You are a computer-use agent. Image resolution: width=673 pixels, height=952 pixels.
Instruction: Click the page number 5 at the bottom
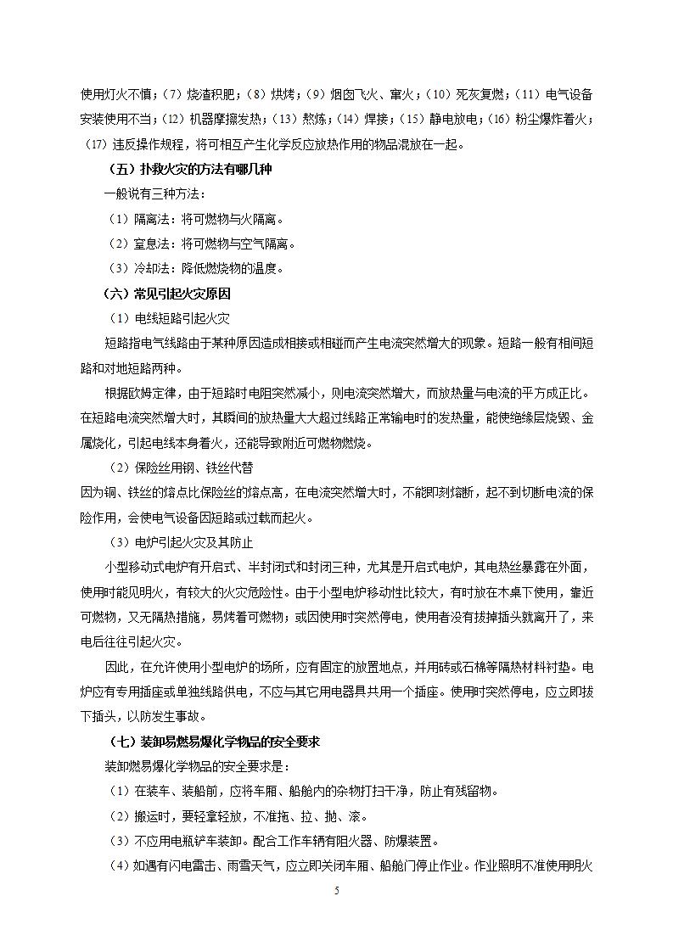(337, 890)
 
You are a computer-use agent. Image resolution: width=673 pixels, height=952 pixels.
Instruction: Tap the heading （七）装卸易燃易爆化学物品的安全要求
(215, 741)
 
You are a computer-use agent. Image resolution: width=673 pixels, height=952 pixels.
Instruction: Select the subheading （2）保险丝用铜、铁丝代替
(181, 468)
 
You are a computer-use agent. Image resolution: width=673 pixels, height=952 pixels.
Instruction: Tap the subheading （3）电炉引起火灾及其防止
(181, 542)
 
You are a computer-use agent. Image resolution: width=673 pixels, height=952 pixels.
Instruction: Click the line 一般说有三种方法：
(149, 194)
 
